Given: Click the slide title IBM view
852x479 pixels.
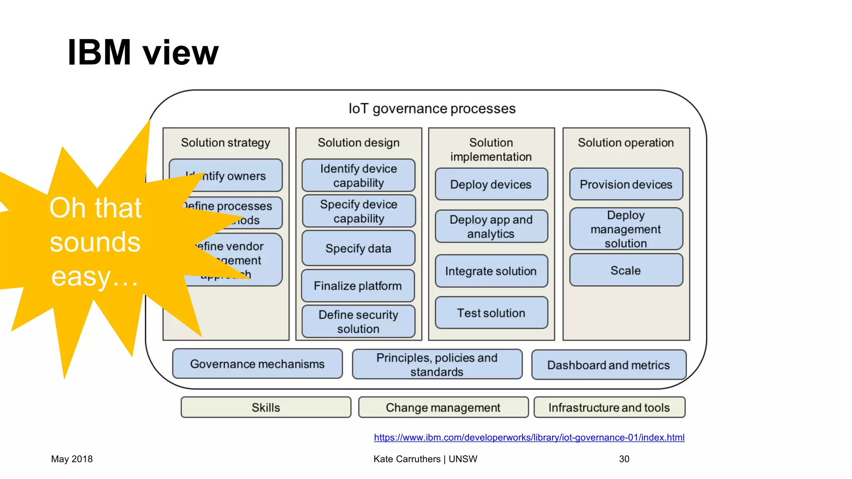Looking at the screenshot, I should (x=143, y=52).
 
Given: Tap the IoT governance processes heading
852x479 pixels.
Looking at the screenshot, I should (x=432, y=109).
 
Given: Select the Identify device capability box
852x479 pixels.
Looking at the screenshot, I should (x=358, y=175).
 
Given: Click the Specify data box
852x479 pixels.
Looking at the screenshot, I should (x=358, y=248).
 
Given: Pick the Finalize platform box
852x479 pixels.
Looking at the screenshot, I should (x=358, y=286).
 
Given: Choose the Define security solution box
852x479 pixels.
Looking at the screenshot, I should (x=358, y=321).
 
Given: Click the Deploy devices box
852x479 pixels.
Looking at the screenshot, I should (x=491, y=184).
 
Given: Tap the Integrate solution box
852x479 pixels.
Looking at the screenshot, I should (x=491, y=271).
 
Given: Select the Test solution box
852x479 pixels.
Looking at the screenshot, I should (x=491, y=313).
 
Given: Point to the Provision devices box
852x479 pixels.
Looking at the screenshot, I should (x=626, y=184).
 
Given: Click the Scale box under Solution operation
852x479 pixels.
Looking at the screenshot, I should (x=626, y=270).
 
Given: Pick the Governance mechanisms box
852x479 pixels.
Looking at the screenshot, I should (x=257, y=364).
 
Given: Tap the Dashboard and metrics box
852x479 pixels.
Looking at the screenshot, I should (x=608, y=365).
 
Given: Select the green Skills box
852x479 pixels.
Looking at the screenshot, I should (x=266, y=407).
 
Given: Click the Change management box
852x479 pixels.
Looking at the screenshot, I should (x=443, y=407).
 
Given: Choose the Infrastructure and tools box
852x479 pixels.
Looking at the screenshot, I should (x=609, y=407).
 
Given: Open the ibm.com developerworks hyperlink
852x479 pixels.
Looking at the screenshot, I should (x=529, y=437).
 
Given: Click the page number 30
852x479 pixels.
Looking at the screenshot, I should (x=624, y=459).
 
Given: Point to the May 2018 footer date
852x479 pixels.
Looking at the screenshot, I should (x=72, y=459).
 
